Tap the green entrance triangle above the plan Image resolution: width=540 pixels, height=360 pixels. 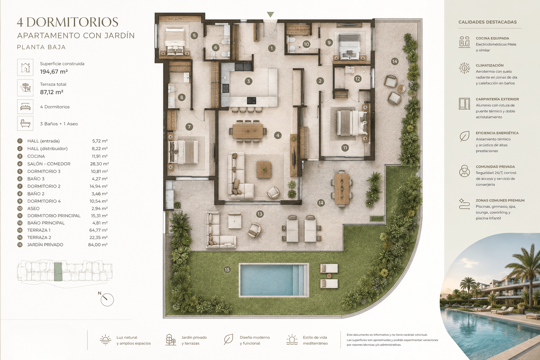[270, 14]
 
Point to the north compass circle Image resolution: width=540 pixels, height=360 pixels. [107, 300]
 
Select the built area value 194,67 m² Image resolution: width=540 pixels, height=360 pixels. [54, 72]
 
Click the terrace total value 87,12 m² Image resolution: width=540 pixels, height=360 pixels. [52, 92]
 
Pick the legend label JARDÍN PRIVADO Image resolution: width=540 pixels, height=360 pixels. [45, 245]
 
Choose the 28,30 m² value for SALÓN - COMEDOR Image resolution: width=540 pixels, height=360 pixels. [99, 164]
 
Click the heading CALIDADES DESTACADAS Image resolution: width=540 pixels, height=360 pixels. [488, 22]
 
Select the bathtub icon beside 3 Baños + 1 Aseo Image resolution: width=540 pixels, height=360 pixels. [25, 123]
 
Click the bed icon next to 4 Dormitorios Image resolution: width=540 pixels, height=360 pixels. [25, 107]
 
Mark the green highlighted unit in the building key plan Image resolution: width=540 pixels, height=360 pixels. [58, 272]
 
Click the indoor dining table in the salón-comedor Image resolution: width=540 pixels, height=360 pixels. [248, 131]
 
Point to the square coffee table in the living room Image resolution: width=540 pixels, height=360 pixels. [264, 170]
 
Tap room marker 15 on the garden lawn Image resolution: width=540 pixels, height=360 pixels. [227, 270]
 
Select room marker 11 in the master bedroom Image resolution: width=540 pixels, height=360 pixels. [345, 148]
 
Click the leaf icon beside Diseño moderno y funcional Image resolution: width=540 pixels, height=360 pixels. [228, 340]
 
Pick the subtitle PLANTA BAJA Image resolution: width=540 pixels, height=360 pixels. [41, 47]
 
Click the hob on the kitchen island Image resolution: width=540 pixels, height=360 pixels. [251, 100]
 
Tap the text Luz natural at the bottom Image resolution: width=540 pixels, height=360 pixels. [127, 337]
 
